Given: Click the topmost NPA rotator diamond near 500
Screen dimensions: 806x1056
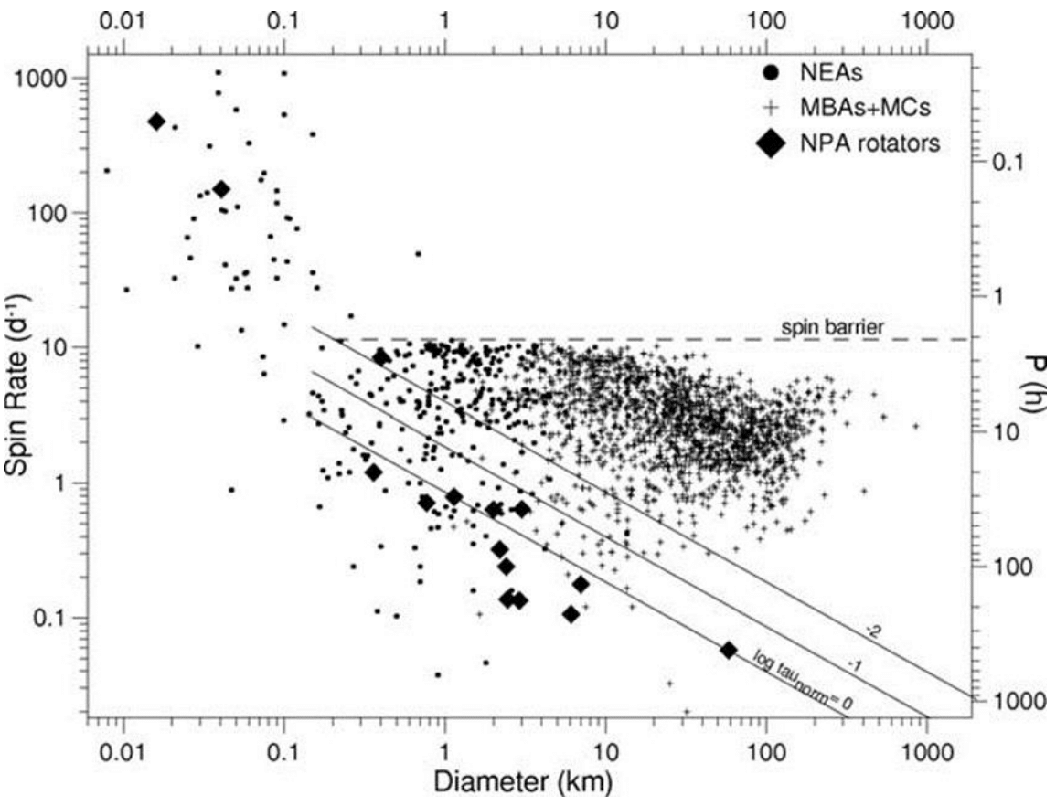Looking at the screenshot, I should (x=156, y=122).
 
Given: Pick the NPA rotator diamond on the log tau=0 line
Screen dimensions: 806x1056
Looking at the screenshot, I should (x=728, y=650).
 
